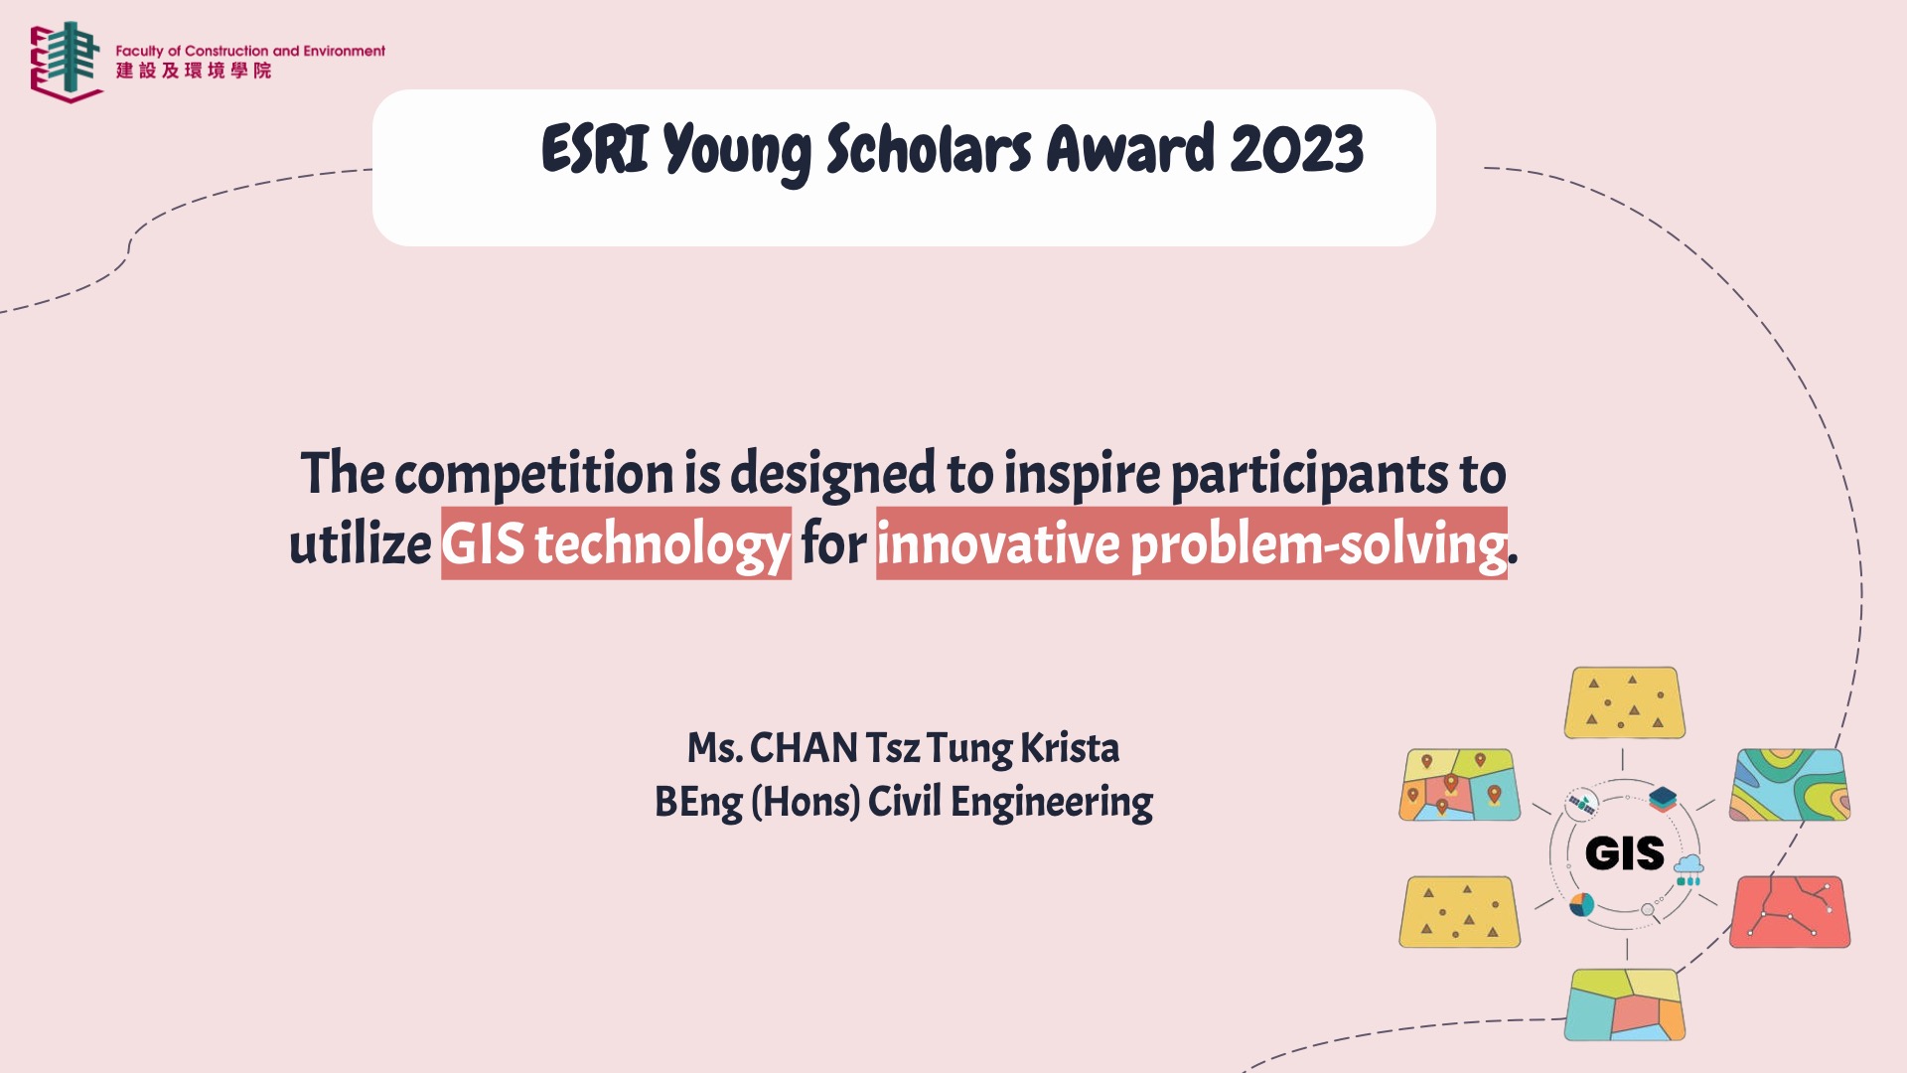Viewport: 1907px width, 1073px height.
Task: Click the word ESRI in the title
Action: pyautogui.click(x=595, y=150)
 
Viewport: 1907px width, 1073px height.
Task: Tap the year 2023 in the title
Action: pyautogui.click(x=1296, y=150)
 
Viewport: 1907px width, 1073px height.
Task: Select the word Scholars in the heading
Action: pyautogui.click(x=929, y=150)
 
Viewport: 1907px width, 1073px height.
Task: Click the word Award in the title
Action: pyautogui.click(x=1130, y=150)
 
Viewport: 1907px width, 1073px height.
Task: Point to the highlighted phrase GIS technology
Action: pyautogui.click(x=616, y=543)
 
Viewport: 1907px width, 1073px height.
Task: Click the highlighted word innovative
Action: pyautogui.click(x=998, y=543)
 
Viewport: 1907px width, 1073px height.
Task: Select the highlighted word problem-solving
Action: pyautogui.click(x=1319, y=544)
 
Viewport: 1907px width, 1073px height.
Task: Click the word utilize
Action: pyautogui.click(x=360, y=544)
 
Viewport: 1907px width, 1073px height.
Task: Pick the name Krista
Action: pyautogui.click(x=1070, y=748)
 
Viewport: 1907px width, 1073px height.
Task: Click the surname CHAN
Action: pyautogui.click(x=804, y=748)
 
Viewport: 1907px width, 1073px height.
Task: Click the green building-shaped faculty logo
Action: pyautogui.click(x=67, y=62)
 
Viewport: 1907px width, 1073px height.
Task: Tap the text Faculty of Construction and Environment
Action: pyautogui.click(x=250, y=51)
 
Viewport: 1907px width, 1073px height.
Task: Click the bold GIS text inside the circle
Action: pyautogui.click(x=1625, y=853)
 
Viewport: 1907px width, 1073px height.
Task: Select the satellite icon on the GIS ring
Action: pyautogui.click(x=1581, y=804)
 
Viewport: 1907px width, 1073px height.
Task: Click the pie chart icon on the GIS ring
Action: pyautogui.click(x=1582, y=904)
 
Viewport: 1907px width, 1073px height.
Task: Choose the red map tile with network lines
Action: pyautogui.click(x=1790, y=912)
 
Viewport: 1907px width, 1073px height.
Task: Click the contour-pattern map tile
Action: pyautogui.click(x=1790, y=785)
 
